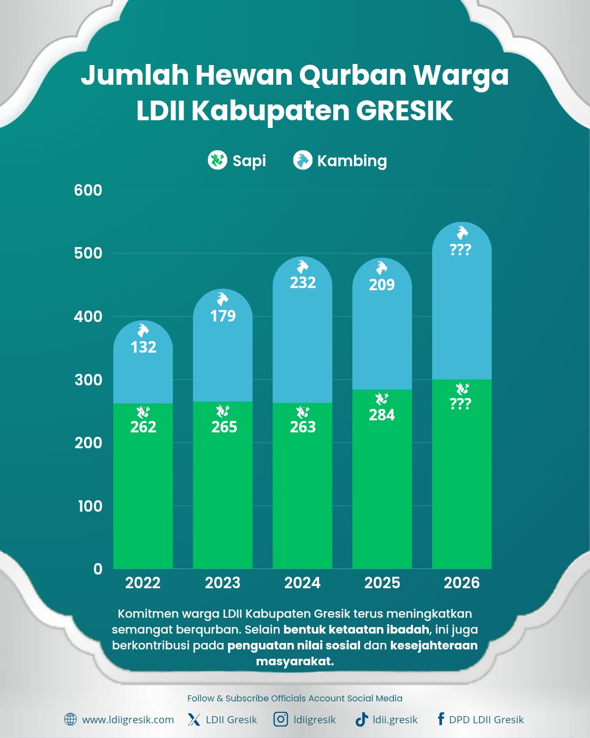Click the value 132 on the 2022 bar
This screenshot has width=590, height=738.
tap(143, 347)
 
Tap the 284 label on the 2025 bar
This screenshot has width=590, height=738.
tap(382, 415)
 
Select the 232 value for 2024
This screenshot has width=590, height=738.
tap(303, 283)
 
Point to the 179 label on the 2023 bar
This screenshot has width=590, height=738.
tap(223, 316)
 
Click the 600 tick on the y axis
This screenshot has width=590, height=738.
tap(88, 190)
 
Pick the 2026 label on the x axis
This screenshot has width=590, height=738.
tap(462, 583)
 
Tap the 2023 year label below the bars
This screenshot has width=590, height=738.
tap(222, 583)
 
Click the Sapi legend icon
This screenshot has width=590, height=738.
tap(217, 160)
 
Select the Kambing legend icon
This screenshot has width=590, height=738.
tap(303, 160)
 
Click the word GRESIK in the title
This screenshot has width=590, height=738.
tap(405, 111)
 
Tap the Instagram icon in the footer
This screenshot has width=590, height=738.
tap(281, 719)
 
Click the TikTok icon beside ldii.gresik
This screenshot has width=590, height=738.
tap(362, 719)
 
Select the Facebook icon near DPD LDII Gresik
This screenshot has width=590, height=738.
tap(440, 719)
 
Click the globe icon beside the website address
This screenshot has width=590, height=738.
tap(70, 719)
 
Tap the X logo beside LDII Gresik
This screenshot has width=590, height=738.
tap(194, 719)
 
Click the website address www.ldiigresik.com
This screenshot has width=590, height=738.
tap(128, 720)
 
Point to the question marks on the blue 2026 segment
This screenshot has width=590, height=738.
tap(460, 250)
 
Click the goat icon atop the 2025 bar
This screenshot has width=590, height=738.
tap(382, 268)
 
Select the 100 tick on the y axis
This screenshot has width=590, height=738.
tap(90, 506)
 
